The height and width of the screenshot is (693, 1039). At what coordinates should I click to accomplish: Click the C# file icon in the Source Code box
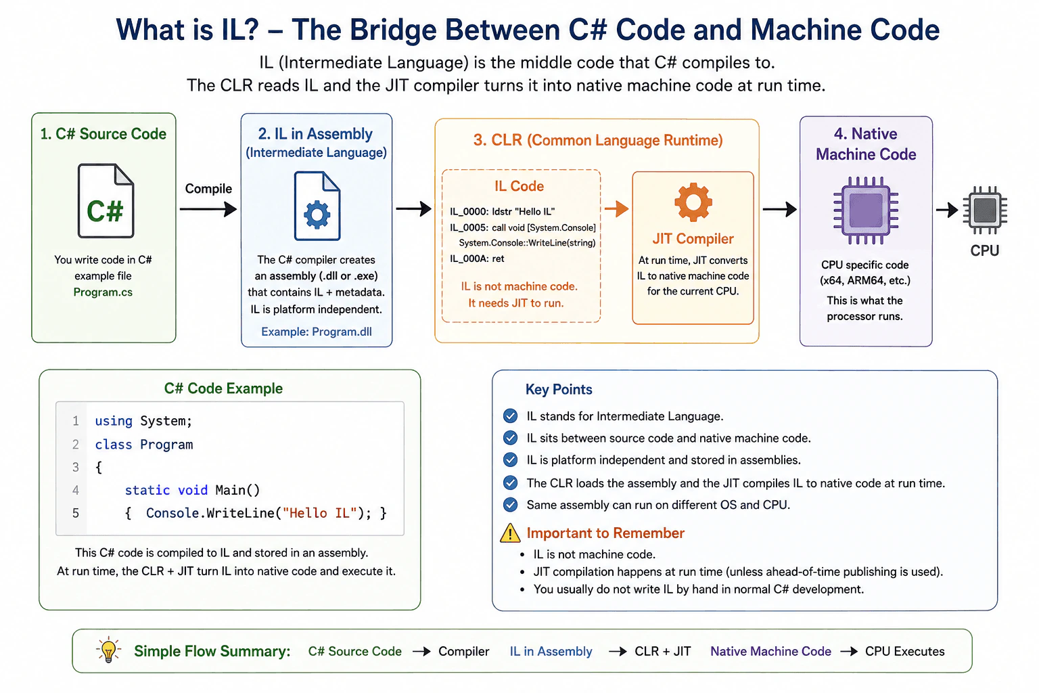[106, 200]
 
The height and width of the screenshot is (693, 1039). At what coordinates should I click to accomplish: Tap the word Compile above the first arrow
[208, 188]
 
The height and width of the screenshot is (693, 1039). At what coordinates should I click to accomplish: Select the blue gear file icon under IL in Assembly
[317, 206]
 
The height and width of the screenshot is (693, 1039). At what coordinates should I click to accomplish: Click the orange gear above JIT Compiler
[693, 202]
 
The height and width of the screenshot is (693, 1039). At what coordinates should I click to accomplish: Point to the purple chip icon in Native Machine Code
[866, 210]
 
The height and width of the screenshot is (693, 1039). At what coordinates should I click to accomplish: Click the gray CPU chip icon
[985, 210]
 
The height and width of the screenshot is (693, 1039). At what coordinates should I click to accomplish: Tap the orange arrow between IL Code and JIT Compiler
[616, 209]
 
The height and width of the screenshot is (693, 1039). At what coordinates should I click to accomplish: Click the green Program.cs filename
[103, 292]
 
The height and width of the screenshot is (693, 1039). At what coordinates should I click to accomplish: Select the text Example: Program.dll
[317, 332]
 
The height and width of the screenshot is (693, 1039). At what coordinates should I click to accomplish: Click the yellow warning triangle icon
[510, 533]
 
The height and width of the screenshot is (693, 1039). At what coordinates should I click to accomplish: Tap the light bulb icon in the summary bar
[108, 650]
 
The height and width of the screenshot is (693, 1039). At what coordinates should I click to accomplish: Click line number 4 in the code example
[76, 490]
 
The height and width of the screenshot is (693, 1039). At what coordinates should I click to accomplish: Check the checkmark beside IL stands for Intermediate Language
[510, 416]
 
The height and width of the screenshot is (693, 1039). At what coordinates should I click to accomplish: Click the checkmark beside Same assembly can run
[510, 505]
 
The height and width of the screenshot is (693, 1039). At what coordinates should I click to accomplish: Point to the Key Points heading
[559, 389]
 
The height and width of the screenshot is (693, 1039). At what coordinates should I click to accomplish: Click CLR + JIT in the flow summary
[662, 651]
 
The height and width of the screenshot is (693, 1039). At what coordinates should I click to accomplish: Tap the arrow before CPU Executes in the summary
[849, 651]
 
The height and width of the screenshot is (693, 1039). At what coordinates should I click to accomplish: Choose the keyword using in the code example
[114, 421]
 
